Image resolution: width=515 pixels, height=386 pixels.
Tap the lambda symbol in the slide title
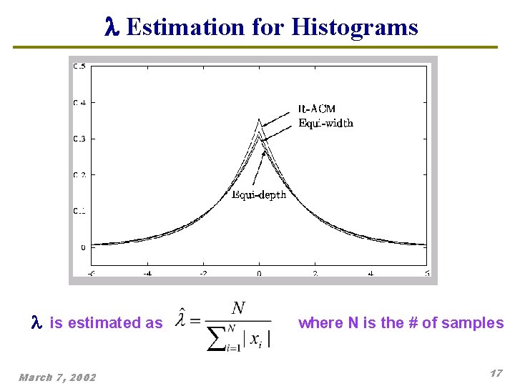click(109, 27)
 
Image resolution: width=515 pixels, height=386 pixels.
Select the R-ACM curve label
click(316, 109)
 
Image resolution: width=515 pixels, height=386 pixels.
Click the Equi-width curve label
click(325, 123)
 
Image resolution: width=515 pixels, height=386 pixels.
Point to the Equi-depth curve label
click(259, 194)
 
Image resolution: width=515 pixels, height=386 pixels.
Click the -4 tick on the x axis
click(147, 273)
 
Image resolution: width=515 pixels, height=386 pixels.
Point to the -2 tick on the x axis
click(203, 273)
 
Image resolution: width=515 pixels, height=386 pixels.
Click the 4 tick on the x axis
click(371, 273)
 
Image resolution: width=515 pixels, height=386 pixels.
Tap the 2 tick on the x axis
click(315, 273)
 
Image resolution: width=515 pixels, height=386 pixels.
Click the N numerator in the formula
click(239, 309)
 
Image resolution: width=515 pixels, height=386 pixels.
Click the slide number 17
click(496, 374)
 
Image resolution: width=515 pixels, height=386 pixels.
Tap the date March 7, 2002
click(57, 377)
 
